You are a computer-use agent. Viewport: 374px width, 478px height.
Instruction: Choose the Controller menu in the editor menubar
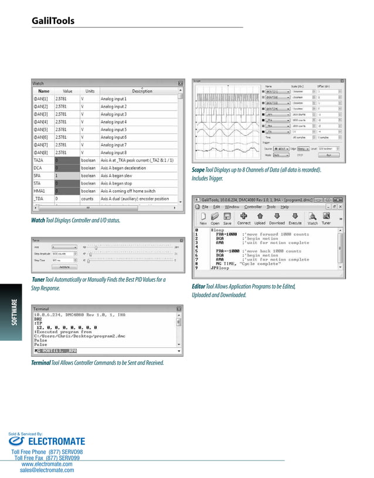tap(253, 207)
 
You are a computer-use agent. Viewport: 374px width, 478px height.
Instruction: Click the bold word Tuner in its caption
tap(39, 279)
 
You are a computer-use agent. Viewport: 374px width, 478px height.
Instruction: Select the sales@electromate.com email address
tap(47, 470)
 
